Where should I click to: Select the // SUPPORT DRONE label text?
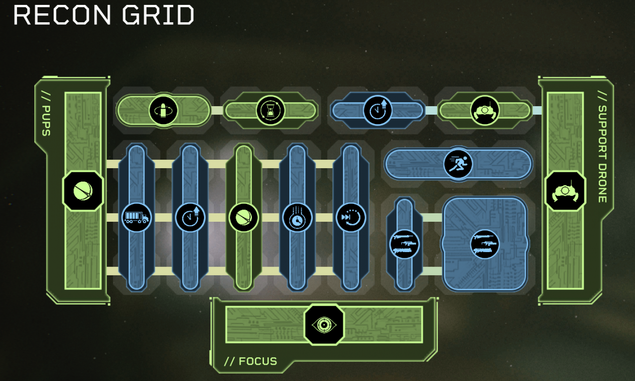coord(602,147)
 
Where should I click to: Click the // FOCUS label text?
coord(251,361)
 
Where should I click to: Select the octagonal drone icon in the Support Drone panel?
coord(565,191)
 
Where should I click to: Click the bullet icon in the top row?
coord(163,110)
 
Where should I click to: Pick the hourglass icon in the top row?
coord(270,110)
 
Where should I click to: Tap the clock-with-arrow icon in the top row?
coord(378,110)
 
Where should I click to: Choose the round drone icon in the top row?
coord(485,110)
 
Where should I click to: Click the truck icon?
coord(136,217)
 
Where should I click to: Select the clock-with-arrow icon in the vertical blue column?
coord(190,217)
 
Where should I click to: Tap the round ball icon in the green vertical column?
coord(244,217)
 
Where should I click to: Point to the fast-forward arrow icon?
coord(351,217)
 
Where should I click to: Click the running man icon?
coord(458,163)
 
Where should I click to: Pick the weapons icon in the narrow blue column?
coord(404,244)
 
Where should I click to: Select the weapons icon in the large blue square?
coord(485,244)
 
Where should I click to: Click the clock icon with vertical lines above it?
coord(297,217)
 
